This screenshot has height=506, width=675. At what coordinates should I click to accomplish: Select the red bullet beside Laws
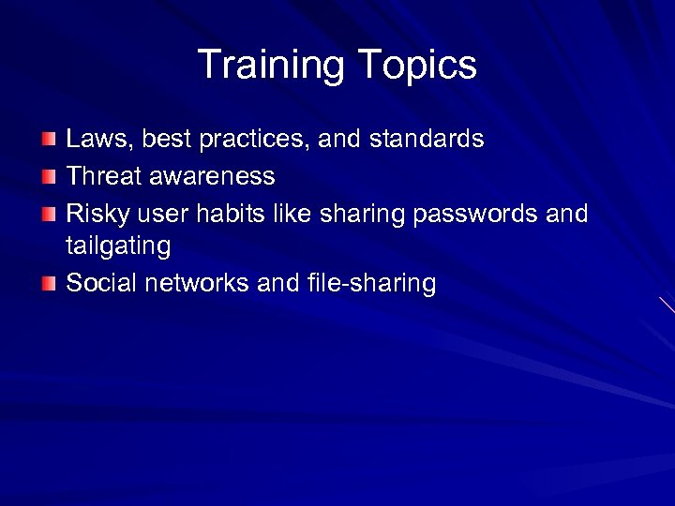pyautogui.click(x=49, y=141)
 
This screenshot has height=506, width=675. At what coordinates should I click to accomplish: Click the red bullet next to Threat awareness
pyautogui.click(x=49, y=176)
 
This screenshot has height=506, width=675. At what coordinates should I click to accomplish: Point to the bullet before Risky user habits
pyautogui.click(x=49, y=213)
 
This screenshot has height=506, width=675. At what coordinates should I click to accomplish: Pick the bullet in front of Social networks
pyautogui.click(x=49, y=284)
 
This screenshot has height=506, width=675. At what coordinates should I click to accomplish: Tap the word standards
pyautogui.click(x=427, y=140)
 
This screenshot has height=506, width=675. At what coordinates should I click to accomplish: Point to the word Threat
pyautogui.click(x=101, y=176)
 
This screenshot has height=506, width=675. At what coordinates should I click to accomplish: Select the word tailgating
pyautogui.click(x=118, y=247)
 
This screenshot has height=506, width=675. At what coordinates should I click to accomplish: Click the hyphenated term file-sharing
pyautogui.click(x=370, y=284)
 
